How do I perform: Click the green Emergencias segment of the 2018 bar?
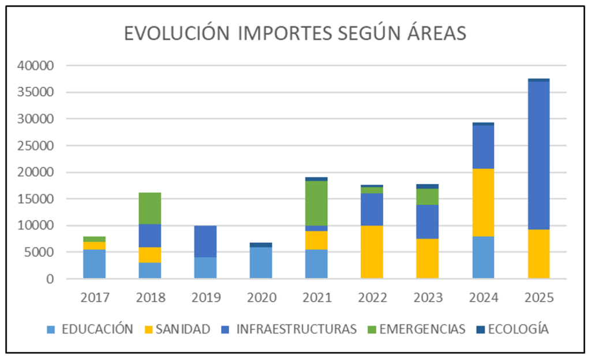[149, 208]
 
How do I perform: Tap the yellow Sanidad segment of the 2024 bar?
[482, 202]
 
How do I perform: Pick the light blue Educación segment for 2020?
[260, 263]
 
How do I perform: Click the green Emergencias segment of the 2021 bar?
[316, 203]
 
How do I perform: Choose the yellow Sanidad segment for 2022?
[372, 252]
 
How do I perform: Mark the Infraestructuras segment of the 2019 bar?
[205, 242]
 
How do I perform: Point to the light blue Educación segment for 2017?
[94, 264]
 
